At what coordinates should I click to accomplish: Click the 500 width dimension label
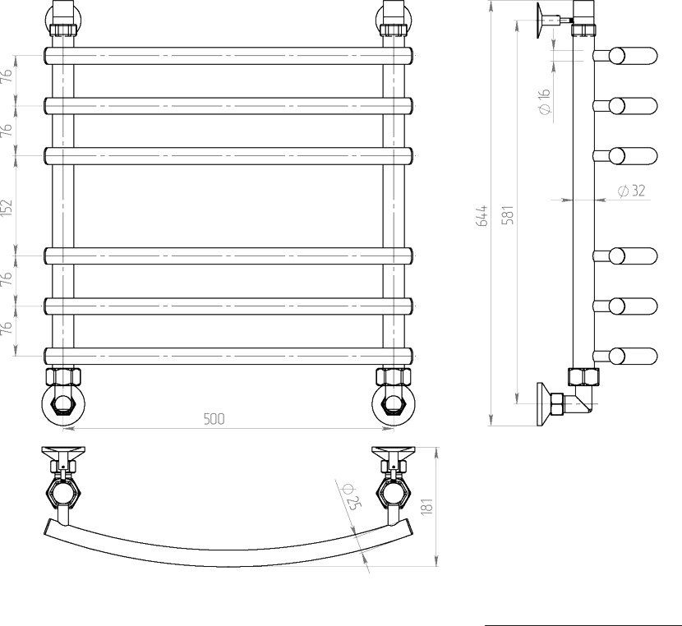(214, 419)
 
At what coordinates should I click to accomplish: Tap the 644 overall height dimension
(482, 216)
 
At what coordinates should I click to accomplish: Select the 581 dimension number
(508, 214)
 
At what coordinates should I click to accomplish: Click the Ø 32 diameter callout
(631, 191)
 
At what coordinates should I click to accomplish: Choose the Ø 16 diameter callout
(544, 102)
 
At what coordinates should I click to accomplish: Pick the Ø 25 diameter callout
(353, 496)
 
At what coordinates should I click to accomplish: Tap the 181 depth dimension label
(427, 506)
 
